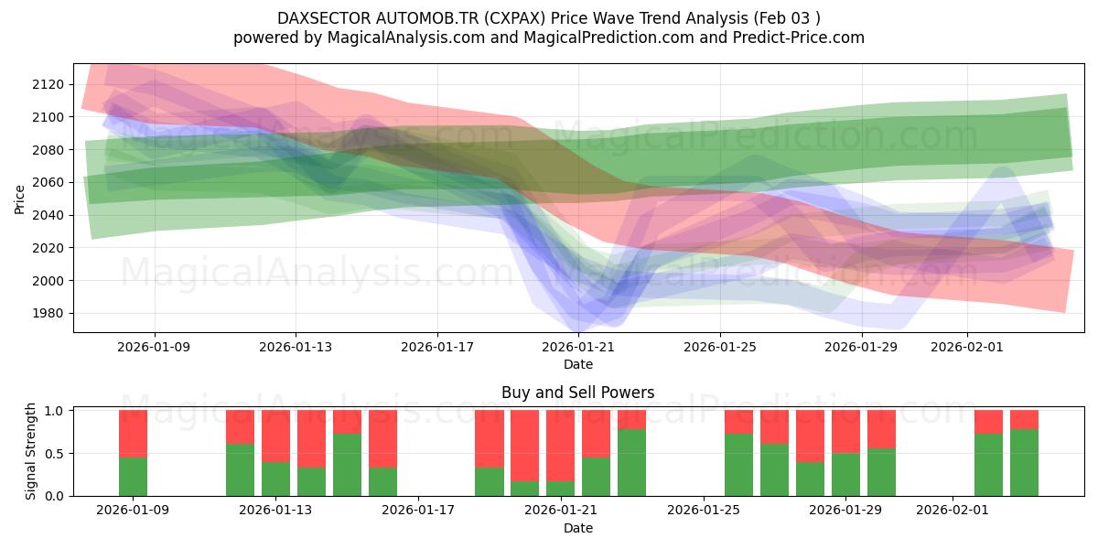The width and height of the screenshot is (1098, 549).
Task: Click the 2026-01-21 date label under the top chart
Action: (x=578, y=347)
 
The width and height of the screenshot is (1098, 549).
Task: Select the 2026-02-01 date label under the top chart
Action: (x=966, y=347)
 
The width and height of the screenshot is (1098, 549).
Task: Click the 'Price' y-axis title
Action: (x=20, y=199)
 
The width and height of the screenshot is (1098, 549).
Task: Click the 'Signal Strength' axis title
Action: (x=31, y=451)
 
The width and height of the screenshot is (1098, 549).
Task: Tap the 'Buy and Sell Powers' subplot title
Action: (x=577, y=393)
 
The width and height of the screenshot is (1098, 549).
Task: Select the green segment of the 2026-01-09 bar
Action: (x=133, y=476)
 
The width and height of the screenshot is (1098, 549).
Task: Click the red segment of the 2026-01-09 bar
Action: (x=133, y=433)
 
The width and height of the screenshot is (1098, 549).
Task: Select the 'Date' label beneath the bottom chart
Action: (x=577, y=528)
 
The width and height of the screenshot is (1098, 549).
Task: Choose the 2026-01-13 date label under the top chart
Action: (x=296, y=347)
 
